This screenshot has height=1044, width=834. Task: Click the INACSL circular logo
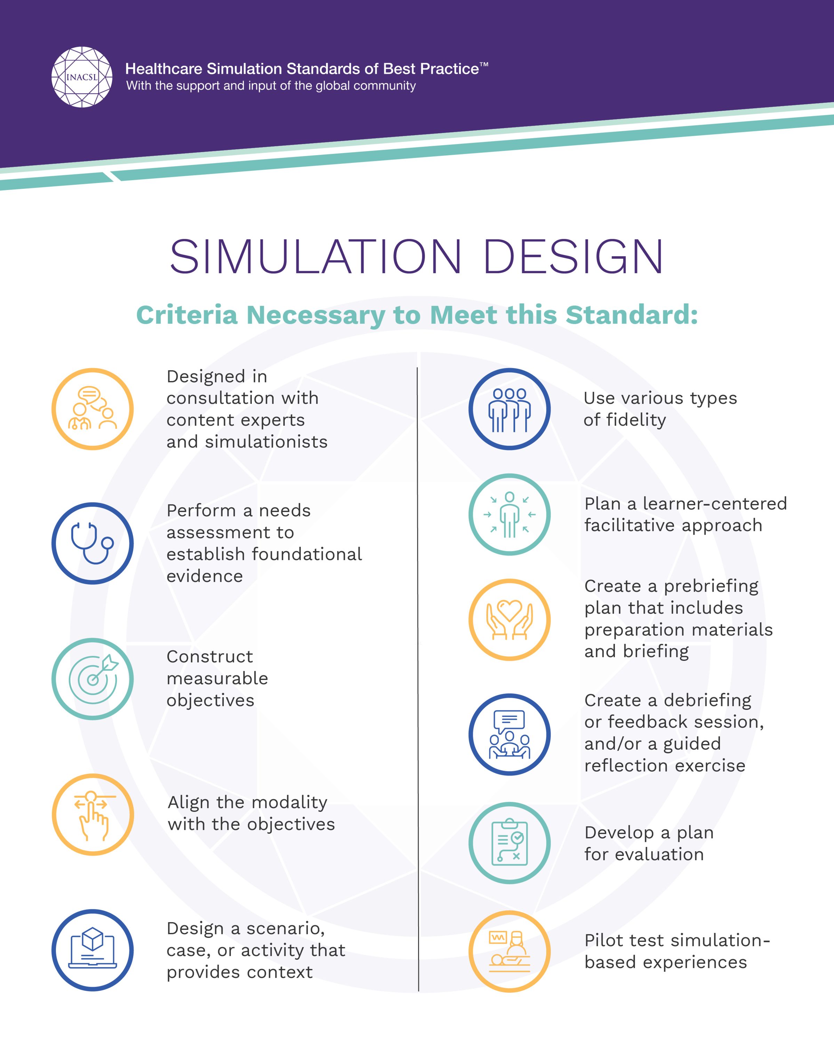(82, 77)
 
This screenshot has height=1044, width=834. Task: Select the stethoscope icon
(93, 543)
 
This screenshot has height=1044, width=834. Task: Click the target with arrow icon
(93, 678)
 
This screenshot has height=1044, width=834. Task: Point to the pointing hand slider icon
(93, 814)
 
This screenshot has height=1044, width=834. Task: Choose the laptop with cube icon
(93, 950)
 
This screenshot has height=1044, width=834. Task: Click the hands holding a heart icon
(509, 619)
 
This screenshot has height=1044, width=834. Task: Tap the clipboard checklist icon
(509, 843)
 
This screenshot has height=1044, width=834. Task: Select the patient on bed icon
(509, 951)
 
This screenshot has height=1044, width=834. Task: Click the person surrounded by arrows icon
(509, 514)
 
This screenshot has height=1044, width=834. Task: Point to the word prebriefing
(711, 586)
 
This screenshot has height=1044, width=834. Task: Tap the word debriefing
(707, 701)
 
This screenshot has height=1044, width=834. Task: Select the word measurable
(217, 678)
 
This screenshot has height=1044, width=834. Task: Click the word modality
(289, 802)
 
